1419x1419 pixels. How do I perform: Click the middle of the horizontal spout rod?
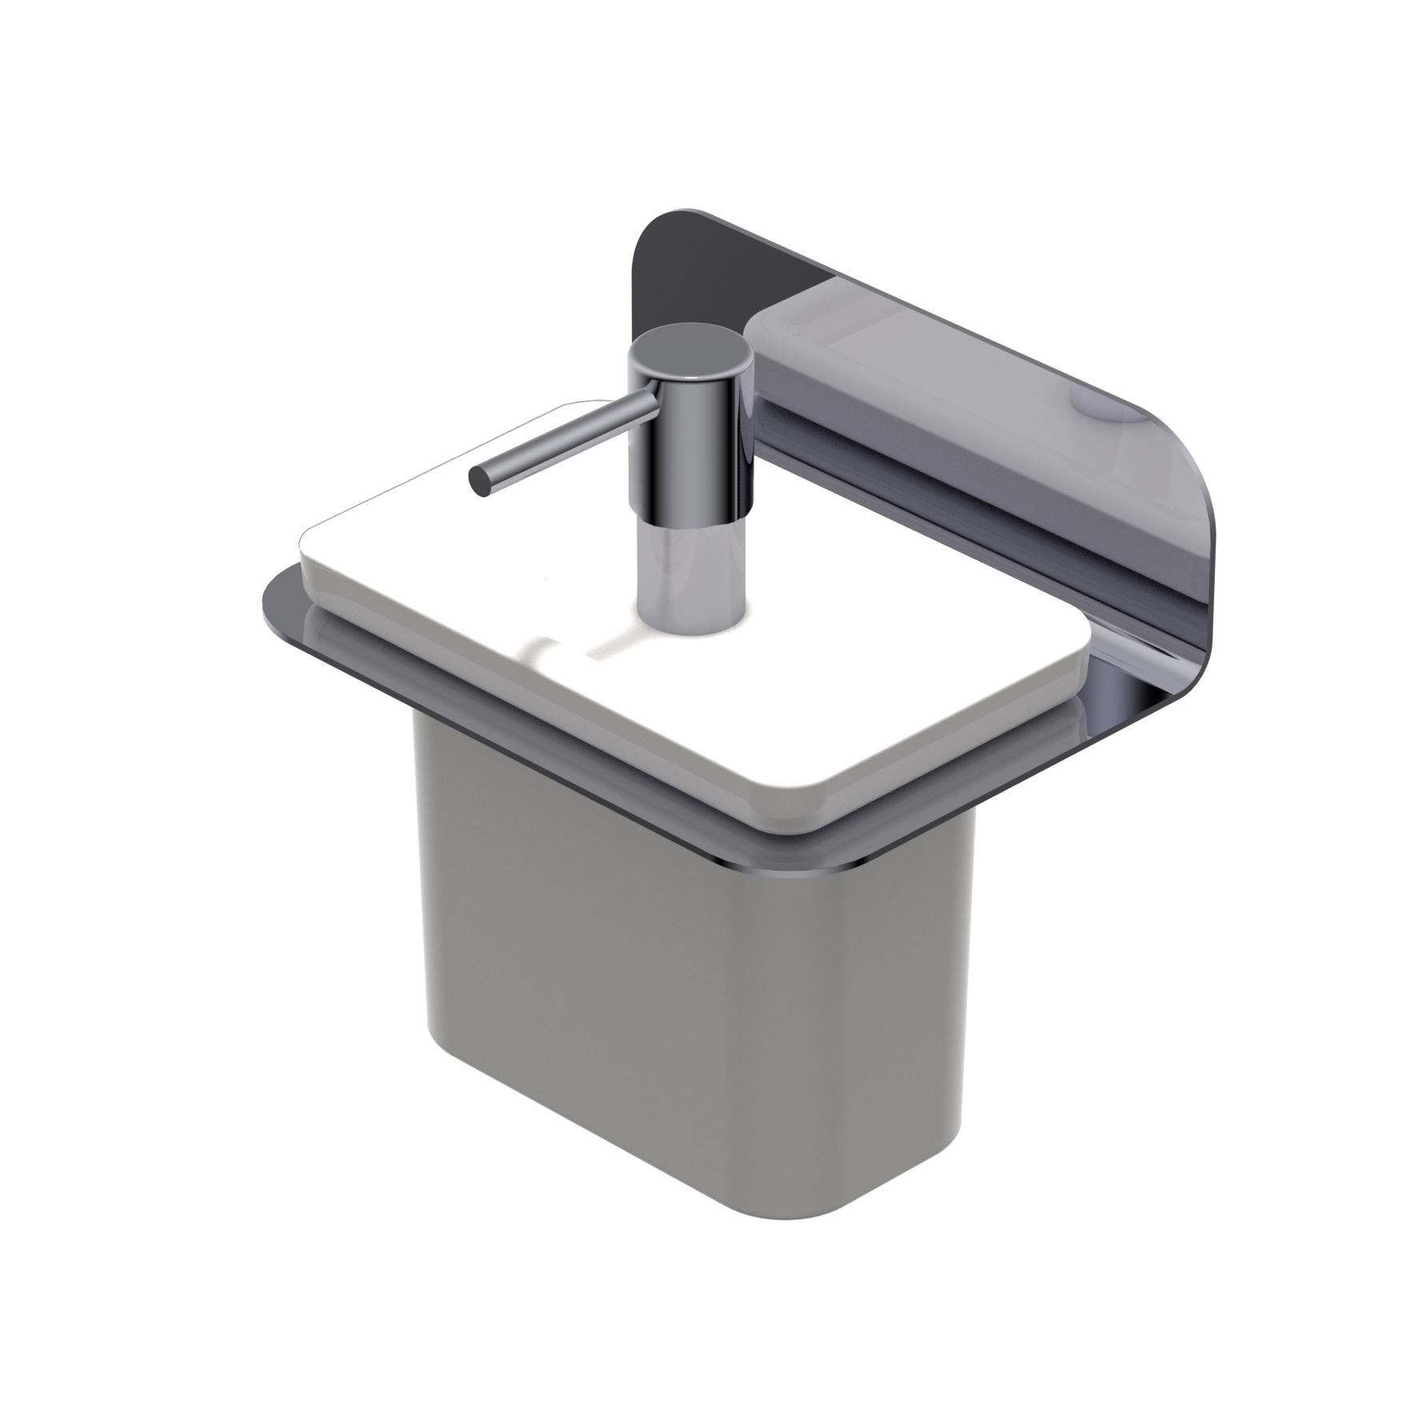(x=561, y=440)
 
